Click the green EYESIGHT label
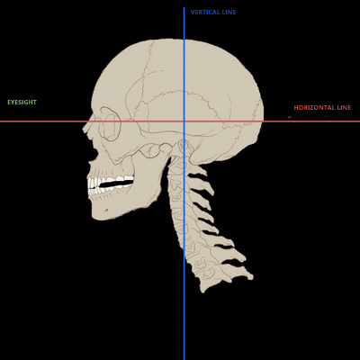click(22, 103)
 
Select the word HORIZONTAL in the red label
click(313, 108)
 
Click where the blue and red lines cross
click(184, 121)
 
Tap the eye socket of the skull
click(111, 123)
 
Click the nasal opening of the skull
click(94, 152)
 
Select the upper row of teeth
click(111, 181)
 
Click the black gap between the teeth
click(116, 184)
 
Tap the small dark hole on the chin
click(106, 211)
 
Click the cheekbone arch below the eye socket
click(150, 150)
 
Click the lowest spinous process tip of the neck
click(251, 277)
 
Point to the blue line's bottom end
click(184, 359)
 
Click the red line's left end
click(1, 121)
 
